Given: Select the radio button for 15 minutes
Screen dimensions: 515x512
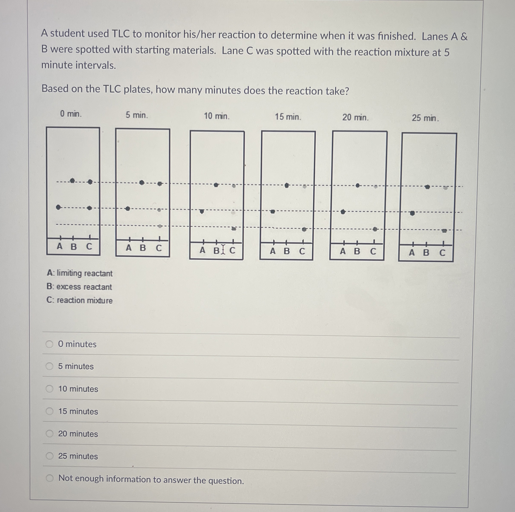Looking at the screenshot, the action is point(49,411).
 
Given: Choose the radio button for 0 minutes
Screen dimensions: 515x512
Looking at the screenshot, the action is point(49,344).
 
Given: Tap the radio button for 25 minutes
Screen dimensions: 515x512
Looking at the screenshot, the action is point(49,456).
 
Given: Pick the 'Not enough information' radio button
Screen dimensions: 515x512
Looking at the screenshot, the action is point(49,478).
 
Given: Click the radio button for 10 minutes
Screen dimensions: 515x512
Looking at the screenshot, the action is point(49,389).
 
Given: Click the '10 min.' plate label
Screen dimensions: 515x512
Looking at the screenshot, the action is point(216,116).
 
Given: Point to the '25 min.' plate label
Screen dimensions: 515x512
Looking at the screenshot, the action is point(425,118).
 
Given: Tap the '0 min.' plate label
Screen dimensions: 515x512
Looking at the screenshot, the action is point(71,114).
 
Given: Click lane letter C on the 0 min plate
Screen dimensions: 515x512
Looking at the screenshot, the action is point(89,246).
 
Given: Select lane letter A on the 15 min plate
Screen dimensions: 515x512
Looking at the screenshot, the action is point(272,251).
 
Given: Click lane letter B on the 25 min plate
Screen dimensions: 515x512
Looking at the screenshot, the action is point(426,252).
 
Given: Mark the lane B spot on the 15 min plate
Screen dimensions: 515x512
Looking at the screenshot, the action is point(287,185).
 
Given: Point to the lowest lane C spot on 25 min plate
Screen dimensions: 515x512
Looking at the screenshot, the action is point(444,231).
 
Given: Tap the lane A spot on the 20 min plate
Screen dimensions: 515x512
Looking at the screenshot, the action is point(343,212).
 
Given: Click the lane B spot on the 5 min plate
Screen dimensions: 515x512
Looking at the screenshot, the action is point(142,182).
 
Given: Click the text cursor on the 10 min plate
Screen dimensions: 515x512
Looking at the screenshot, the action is point(223,250).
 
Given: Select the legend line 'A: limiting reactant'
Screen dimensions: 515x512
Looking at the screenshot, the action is point(79,273).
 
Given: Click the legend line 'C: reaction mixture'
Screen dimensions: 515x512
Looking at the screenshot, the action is point(79,300).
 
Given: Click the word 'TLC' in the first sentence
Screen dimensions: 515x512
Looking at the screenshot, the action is point(120,34).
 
